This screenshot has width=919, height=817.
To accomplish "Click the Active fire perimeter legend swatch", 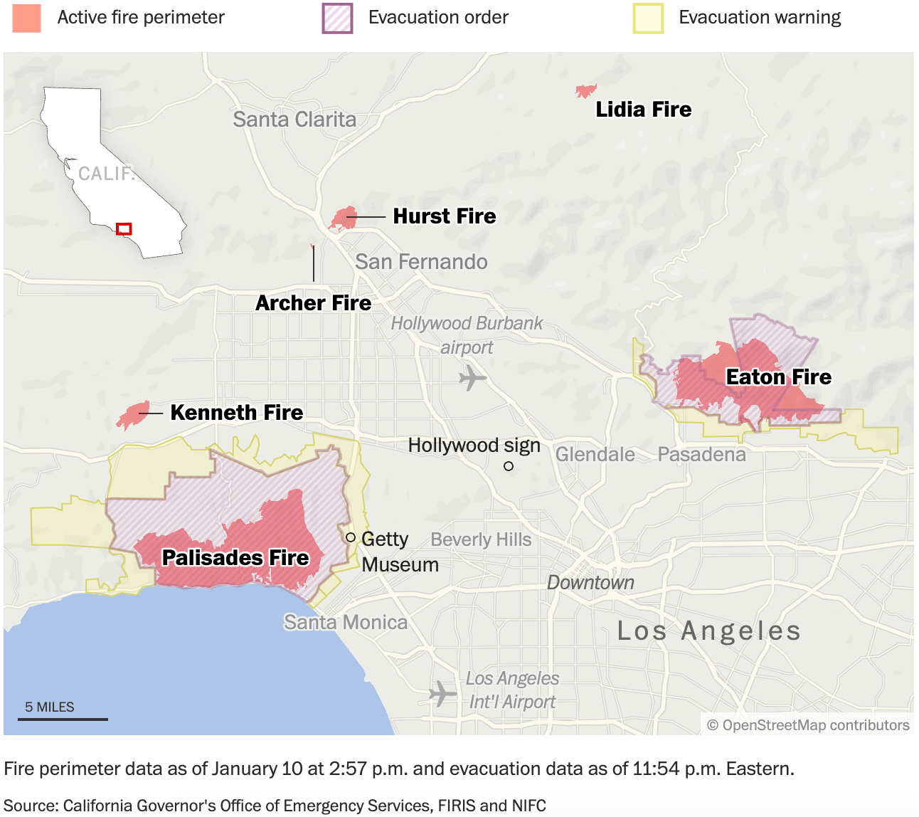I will click(26, 18).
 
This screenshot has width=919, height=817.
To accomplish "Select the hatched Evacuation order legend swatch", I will click(337, 18).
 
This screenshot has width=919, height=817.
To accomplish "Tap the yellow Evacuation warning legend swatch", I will click(648, 18).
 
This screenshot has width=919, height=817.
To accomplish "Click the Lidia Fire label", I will click(643, 110).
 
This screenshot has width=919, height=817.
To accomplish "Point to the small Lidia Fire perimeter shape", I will click(585, 91).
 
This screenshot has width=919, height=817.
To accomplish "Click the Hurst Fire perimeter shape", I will click(345, 218).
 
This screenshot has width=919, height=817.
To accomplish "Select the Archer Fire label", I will click(313, 303).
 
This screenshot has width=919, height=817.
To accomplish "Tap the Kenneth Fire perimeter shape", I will click(132, 415).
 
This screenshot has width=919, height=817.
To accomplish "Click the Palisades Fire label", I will click(235, 557).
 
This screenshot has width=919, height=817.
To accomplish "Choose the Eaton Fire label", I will click(778, 377).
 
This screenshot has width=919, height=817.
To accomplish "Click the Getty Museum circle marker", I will click(350, 537).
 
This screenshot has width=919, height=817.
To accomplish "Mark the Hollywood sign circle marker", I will click(509, 466).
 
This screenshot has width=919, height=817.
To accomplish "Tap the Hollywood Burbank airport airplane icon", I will click(472, 377).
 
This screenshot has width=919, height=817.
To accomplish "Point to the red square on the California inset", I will click(124, 229).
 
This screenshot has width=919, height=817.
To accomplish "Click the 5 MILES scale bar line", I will click(63, 720).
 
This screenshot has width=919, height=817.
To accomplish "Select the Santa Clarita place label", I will click(294, 120).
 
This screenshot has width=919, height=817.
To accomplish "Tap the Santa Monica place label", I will click(346, 622).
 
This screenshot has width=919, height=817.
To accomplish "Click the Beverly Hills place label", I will click(481, 539).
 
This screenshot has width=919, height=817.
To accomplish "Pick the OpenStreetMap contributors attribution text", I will click(808, 725).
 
